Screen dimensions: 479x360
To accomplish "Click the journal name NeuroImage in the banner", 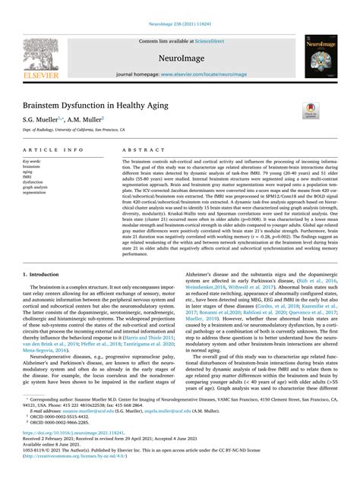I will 179,57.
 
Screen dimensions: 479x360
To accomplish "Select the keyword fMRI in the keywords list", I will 30,177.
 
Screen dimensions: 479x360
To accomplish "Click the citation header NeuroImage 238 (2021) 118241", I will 179,5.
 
